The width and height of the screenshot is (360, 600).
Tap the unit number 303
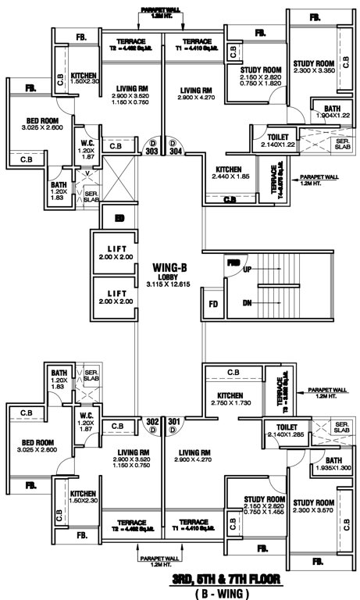(x=152, y=152)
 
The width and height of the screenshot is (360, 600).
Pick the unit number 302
(x=152, y=423)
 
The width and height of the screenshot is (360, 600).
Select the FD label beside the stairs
(x=214, y=302)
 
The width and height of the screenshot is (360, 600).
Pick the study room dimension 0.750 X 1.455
(x=255, y=512)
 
